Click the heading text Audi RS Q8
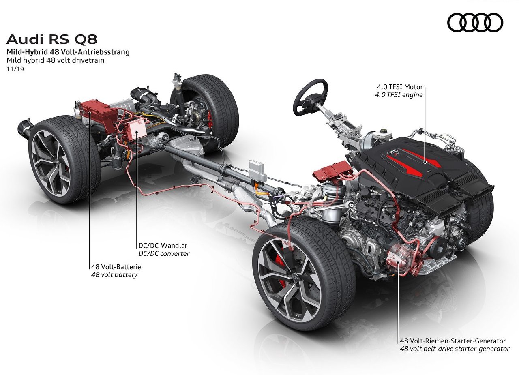tap(51, 39)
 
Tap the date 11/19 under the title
tap(15, 69)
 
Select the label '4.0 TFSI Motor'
tap(400, 87)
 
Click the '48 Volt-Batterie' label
tap(116, 267)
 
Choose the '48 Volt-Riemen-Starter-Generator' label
tap(453, 341)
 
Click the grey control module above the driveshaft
tap(257, 171)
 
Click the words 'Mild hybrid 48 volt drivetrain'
tap(56, 60)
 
